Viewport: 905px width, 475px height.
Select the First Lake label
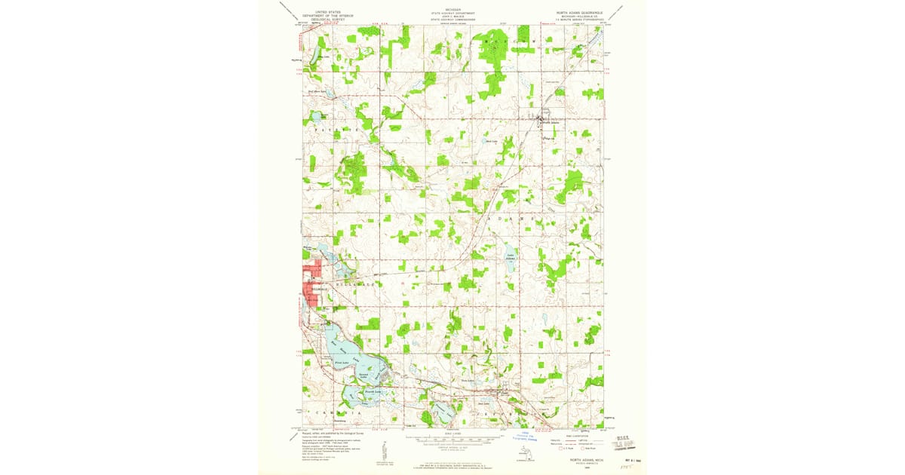pyautogui.click(x=341, y=363)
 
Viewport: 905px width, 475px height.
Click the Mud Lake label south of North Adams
pyautogui.click(x=491, y=141)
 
